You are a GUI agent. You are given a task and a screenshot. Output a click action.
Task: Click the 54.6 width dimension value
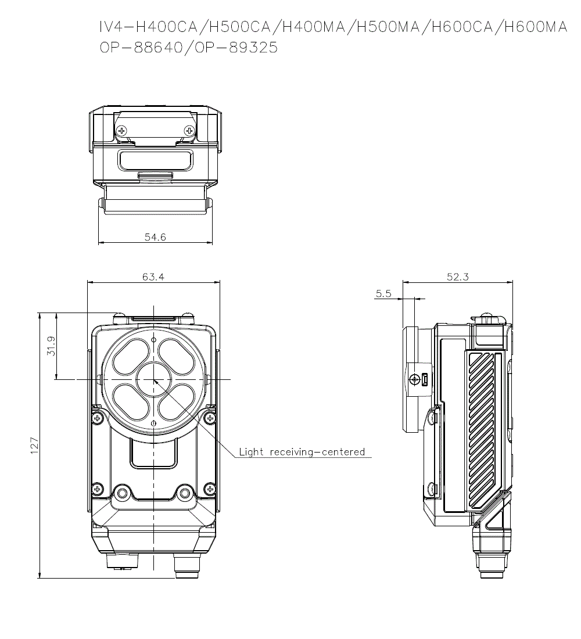coord(155,237)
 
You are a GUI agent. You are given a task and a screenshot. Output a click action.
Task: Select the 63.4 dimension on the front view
coord(153,277)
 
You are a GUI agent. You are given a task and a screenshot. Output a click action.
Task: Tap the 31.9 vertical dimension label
coord(51,346)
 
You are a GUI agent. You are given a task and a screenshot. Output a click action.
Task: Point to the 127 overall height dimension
coord(34,446)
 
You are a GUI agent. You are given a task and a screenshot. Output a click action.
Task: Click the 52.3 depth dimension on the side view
coord(458,277)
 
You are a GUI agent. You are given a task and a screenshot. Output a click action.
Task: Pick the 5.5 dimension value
coord(383,293)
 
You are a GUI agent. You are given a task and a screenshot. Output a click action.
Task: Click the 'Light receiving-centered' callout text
coord(302,451)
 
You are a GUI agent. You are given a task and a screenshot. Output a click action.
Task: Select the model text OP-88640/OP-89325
coord(189,48)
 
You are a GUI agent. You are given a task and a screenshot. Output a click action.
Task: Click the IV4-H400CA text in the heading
coord(149,27)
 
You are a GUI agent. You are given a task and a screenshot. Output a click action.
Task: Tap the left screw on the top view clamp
coord(121,131)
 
